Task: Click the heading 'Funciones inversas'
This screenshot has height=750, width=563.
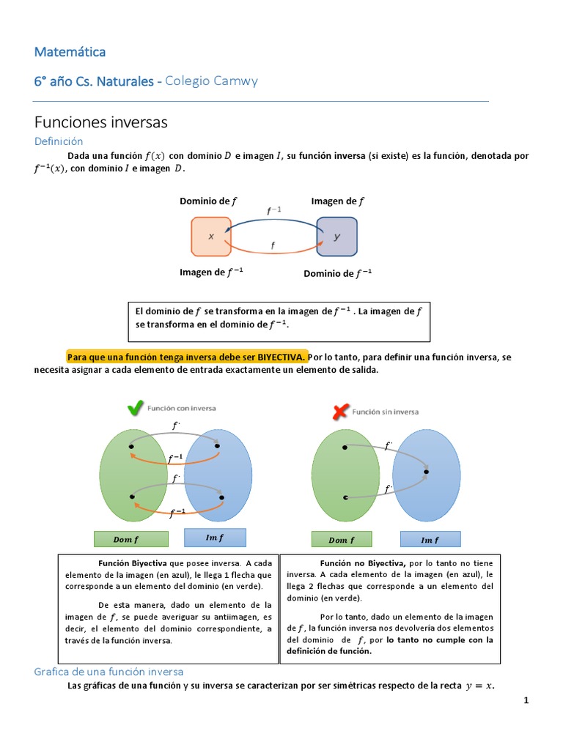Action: pos(101,122)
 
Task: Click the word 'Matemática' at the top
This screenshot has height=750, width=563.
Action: pos(70,52)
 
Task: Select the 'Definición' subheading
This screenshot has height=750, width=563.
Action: pos(59,141)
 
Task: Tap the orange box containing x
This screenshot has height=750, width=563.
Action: pos(211,237)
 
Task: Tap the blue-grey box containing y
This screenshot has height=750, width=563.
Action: pos(336,237)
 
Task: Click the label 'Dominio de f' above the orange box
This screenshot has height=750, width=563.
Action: pos(208,201)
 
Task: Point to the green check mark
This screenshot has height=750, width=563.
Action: pos(136,409)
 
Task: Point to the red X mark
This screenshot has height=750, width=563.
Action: pos(340,412)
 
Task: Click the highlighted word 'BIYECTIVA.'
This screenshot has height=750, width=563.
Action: pos(282,357)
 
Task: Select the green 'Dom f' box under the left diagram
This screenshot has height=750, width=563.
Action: pos(131,539)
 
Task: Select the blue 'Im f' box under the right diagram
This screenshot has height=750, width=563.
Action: pos(430,540)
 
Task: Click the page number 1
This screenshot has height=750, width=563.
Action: pos(526,701)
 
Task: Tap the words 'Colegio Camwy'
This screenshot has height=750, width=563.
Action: pos(212,81)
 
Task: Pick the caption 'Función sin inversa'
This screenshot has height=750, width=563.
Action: pos(386,412)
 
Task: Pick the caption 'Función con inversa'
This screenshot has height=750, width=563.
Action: pos(182,408)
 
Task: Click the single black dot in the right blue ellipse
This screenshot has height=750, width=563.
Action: pos(426,472)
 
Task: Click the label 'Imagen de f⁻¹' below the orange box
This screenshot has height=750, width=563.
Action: pos(211,272)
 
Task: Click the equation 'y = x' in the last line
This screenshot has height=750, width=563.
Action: pos(479,686)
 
